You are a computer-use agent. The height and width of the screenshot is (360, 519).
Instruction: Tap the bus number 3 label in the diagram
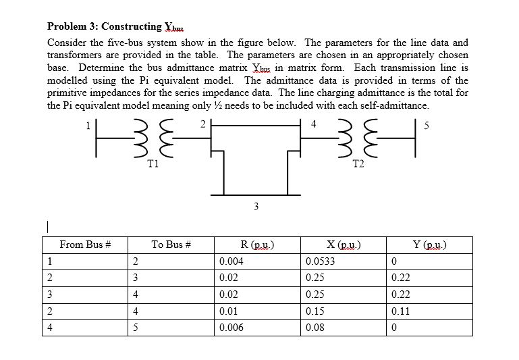point(255,206)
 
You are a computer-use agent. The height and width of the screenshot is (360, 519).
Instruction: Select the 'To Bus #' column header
point(172,245)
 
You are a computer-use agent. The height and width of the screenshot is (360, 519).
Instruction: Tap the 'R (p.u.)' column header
point(257,245)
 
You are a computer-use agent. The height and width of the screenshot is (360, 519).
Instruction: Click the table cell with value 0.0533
point(319,261)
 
